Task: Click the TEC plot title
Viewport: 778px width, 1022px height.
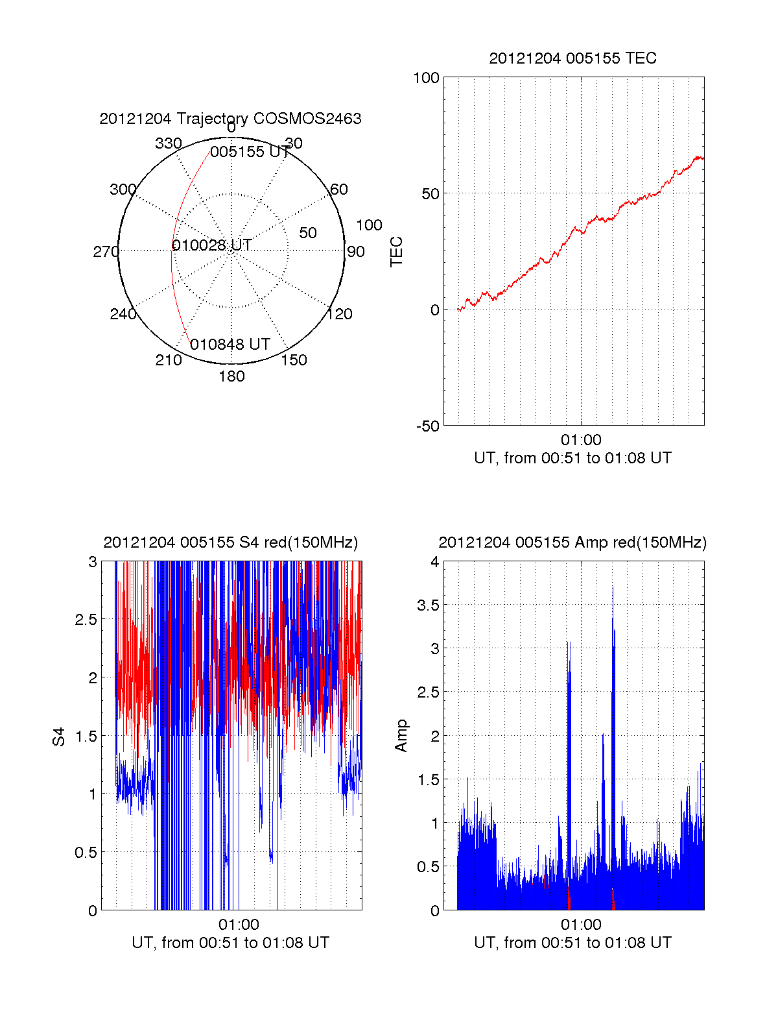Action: (x=572, y=58)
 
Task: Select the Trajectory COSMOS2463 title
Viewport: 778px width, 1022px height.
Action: (x=230, y=119)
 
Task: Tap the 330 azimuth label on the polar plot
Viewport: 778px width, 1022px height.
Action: (x=168, y=143)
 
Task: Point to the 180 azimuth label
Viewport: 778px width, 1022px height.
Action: (x=231, y=376)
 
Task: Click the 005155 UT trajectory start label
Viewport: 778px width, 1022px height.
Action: (x=250, y=152)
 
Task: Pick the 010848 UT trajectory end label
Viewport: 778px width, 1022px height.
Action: (x=230, y=345)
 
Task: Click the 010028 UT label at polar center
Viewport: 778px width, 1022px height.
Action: (x=212, y=245)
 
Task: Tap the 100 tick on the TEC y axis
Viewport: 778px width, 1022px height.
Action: (x=426, y=78)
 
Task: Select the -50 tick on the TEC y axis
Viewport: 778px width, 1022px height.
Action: (x=427, y=426)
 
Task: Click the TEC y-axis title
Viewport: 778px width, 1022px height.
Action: (x=396, y=252)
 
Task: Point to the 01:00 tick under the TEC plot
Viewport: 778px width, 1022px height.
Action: (x=581, y=440)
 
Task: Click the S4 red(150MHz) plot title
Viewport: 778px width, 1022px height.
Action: (x=230, y=542)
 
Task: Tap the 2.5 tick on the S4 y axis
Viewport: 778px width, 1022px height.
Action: (x=86, y=620)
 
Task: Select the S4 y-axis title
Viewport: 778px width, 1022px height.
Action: (x=59, y=736)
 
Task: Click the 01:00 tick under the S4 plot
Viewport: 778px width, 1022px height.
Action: (x=239, y=925)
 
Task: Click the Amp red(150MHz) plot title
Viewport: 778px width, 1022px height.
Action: (x=572, y=542)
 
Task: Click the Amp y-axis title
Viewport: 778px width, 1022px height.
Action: (x=401, y=735)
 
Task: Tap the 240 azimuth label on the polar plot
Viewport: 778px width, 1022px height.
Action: (x=123, y=314)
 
